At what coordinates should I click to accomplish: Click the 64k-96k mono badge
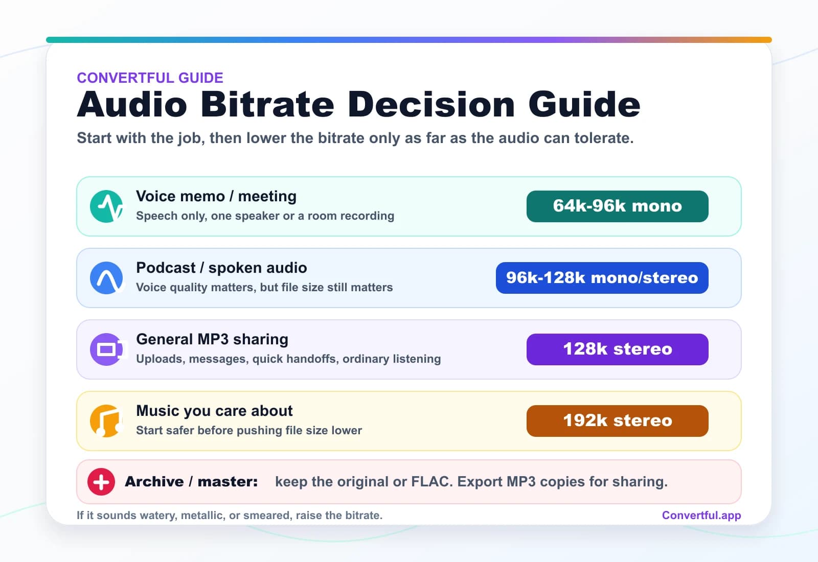coord(617,206)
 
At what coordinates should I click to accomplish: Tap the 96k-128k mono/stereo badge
coord(602,278)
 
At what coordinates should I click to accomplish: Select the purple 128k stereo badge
coord(617,349)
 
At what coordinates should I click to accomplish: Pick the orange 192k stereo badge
coord(617,421)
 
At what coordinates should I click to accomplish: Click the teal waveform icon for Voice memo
coord(106,206)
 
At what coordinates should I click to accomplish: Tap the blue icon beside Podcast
coord(106,278)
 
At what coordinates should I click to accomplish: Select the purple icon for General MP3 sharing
coord(106,349)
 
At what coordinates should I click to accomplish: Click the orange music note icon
coord(106,421)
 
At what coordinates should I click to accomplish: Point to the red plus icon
coord(101,482)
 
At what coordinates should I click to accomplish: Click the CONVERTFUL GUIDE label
coord(150,78)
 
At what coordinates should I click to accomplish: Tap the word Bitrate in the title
coord(267,105)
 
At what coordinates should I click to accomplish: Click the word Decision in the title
coord(431,105)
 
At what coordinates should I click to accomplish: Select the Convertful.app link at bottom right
coord(701,515)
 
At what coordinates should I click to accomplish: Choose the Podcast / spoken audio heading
coord(221,268)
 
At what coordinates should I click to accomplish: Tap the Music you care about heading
coord(214,411)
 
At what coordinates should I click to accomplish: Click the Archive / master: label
coord(191,482)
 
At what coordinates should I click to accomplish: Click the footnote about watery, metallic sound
coord(229,515)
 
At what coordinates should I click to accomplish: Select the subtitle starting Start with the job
coord(355,138)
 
